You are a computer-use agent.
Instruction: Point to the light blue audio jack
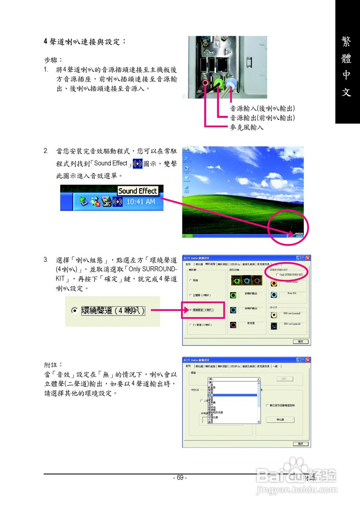click(231, 83)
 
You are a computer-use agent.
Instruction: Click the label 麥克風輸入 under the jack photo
click(246, 127)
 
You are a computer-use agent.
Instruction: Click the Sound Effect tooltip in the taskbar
click(138, 191)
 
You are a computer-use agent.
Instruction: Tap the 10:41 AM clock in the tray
click(141, 202)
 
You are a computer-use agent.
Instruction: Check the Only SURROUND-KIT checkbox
click(277, 275)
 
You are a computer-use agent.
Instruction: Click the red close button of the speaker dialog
click(308, 258)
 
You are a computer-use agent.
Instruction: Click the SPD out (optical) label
click(292, 324)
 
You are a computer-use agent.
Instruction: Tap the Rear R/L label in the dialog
click(292, 293)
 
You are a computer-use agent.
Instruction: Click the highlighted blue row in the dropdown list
click(233, 395)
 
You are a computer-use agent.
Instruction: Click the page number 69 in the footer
click(180, 478)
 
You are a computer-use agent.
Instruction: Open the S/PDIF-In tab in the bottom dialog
click(235, 366)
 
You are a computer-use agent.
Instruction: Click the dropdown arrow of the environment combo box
click(258, 379)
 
